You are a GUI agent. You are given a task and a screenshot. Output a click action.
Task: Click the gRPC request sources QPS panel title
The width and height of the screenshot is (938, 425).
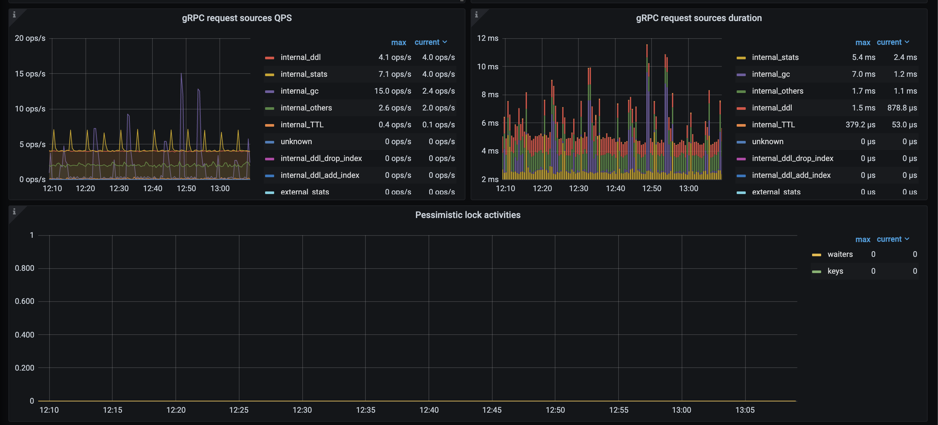(237, 18)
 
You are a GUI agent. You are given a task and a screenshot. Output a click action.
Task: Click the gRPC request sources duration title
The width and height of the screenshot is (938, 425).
(698, 18)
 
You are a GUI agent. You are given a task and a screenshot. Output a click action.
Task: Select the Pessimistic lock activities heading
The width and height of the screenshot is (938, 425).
(467, 215)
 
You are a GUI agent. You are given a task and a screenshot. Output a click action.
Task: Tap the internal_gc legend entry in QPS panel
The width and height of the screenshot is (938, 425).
(299, 91)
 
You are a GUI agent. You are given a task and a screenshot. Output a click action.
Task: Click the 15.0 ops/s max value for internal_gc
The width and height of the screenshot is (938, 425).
(392, 91)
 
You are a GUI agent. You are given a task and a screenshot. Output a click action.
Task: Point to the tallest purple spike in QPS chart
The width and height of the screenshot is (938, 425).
(181, 75)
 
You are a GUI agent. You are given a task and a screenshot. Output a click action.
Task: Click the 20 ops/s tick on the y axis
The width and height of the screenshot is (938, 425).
(30, 38)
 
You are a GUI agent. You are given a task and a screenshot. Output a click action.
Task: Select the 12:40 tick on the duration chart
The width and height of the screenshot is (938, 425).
(615, 189)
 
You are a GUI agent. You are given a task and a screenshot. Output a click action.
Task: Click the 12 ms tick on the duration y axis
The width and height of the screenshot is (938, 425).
(487, 38)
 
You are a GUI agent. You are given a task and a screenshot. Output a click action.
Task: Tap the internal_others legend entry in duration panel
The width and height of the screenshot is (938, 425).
(777, 91)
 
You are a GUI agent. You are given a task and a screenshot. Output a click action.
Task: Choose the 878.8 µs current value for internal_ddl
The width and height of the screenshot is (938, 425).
(902, 108)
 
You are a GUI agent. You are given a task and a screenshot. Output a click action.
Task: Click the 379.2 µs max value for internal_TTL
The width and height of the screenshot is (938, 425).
(860, 125)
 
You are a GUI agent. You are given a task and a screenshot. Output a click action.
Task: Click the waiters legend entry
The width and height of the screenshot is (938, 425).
(840, 254)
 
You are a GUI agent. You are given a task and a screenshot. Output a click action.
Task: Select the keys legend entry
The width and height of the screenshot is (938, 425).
(835, 271)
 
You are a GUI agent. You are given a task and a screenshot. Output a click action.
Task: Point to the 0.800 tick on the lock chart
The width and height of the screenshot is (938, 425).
(24, 268)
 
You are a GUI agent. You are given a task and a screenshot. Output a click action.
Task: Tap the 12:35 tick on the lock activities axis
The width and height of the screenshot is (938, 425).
(365, 410)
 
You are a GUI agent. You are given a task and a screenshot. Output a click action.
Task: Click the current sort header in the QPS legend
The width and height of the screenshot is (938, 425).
(430, 42)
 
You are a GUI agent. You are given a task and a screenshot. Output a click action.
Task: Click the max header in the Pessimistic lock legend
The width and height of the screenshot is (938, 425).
(862, 239)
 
